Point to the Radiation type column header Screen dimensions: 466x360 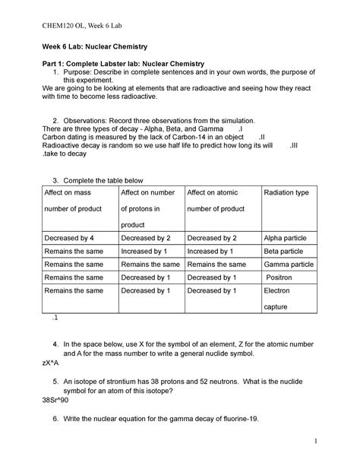pos(286,193)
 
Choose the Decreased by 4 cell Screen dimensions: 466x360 pos(71,238)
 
